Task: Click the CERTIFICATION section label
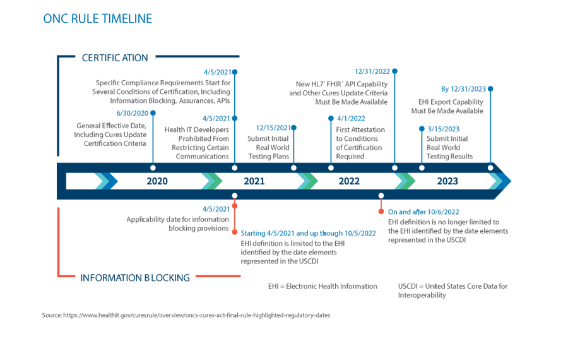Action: (x=115, y=58)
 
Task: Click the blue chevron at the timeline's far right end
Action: (x=498, y=181)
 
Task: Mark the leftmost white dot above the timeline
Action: (x=153, y=167)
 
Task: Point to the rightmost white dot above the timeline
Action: (x=492, y=167)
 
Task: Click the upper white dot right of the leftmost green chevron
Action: (x=235, y=167)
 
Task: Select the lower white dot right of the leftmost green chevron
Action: (x=235, y=195)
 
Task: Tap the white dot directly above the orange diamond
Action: (x=381, y=195)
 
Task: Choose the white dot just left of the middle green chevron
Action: (x=293, y=167)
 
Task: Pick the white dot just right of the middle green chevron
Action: (x=331, y=167)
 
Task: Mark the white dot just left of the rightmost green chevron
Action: (x=395, y=167)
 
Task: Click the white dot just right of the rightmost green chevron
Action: (x=423, y=167)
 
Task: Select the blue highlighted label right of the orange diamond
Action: (x=422, y=208)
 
